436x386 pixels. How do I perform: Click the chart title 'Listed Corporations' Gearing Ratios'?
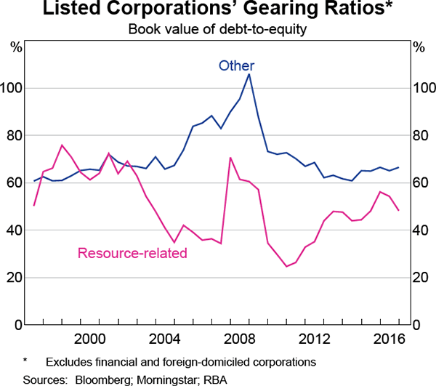217,11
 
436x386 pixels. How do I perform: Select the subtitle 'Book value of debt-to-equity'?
217,30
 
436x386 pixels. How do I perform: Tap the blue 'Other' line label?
237,66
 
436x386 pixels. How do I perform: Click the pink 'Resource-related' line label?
132,253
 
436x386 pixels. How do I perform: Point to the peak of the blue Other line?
249,74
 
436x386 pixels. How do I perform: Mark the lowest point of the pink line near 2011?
286,266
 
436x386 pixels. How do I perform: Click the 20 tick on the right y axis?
421,278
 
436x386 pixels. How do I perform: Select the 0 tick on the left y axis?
17,325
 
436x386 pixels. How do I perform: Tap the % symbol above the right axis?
419,48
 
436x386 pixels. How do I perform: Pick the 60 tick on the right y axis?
421,183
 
